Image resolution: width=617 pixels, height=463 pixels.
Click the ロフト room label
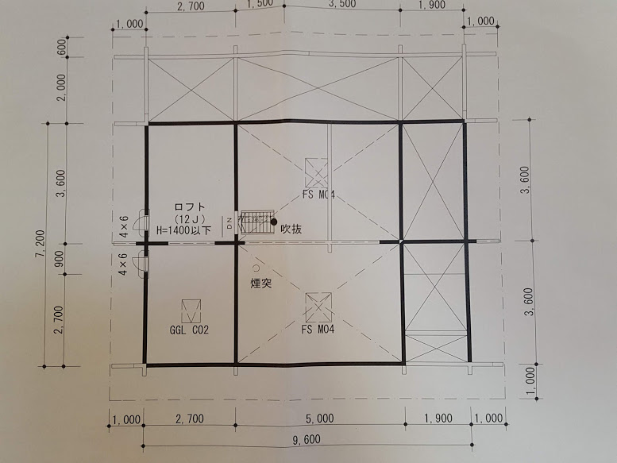click(x=190, y=207)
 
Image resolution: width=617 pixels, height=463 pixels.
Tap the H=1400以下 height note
click(x=183, y=230)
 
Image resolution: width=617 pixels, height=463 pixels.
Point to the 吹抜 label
click(x=291, y=229)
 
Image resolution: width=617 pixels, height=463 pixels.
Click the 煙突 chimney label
click(x=261, y=284)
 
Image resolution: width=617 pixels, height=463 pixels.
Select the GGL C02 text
click(x=189, y=330)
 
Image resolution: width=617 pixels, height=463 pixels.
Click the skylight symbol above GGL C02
click(x=191, y=311)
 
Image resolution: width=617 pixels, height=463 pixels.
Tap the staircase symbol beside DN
click(x=256, y=222)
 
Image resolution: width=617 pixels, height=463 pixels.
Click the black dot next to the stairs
click(x=274, y=222)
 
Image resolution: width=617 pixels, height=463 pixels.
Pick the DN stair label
click(x=229, y=222)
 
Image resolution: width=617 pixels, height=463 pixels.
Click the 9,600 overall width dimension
click(x=307, y=439)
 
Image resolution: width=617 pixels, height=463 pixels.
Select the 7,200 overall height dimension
click(x=40, y=244)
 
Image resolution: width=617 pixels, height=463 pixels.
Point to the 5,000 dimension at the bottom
click(x=319, y=419)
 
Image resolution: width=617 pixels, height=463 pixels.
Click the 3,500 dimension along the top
click(x=341, y=4)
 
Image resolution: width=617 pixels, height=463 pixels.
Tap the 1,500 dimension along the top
click(x=260, y=4)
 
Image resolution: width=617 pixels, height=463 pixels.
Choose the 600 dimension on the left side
click(x=62, y=47)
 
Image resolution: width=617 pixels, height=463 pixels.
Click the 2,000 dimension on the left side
click(x=61, y=87)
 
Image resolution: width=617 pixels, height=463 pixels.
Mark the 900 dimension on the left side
click(x=60, y=259)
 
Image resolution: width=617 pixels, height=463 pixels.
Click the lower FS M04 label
click(x=318, y=329)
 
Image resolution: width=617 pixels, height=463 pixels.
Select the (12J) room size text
click(x=189, y=218)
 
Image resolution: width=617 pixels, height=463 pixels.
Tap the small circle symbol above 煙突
click(x=256, y=268)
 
